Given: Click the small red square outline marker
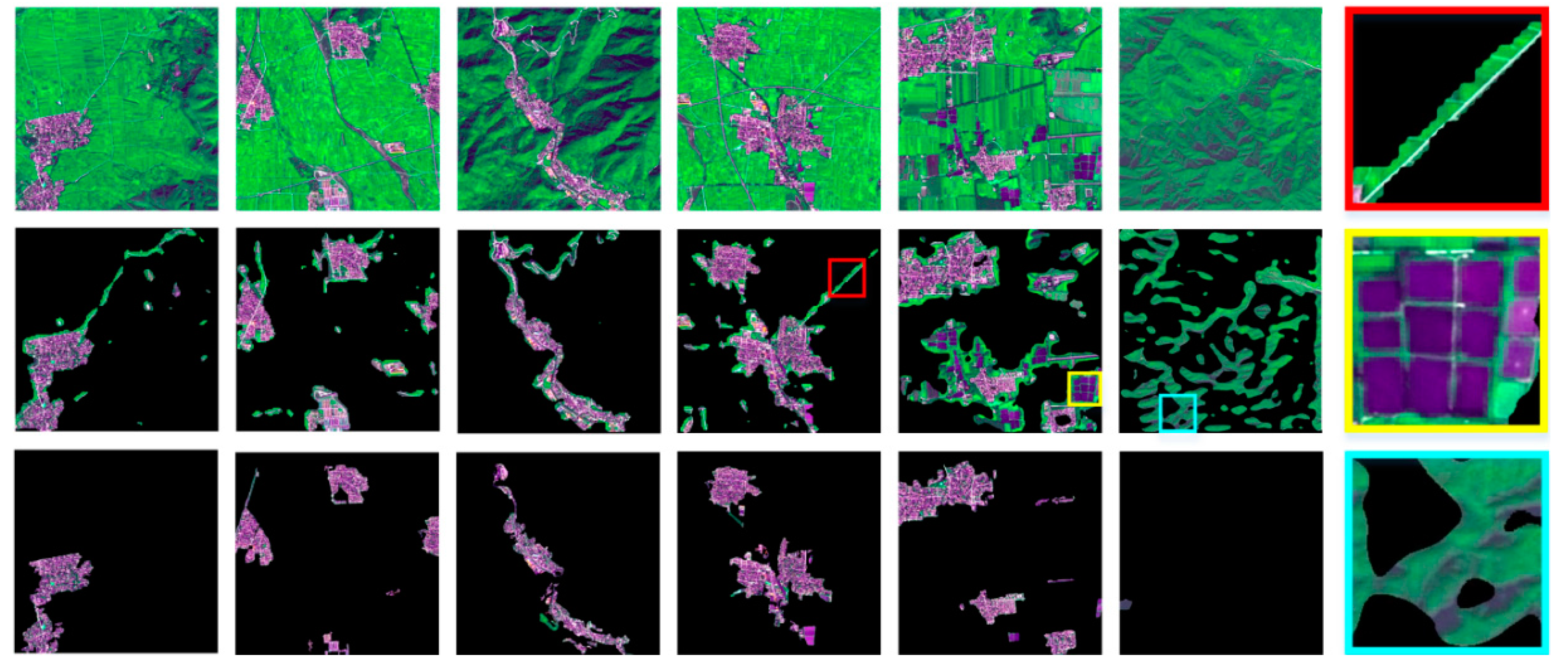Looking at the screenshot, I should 846,278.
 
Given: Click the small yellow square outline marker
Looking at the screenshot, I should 1084,388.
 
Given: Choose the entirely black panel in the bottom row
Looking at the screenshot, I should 1221,552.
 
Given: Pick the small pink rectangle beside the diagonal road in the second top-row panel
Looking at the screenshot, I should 395,147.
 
